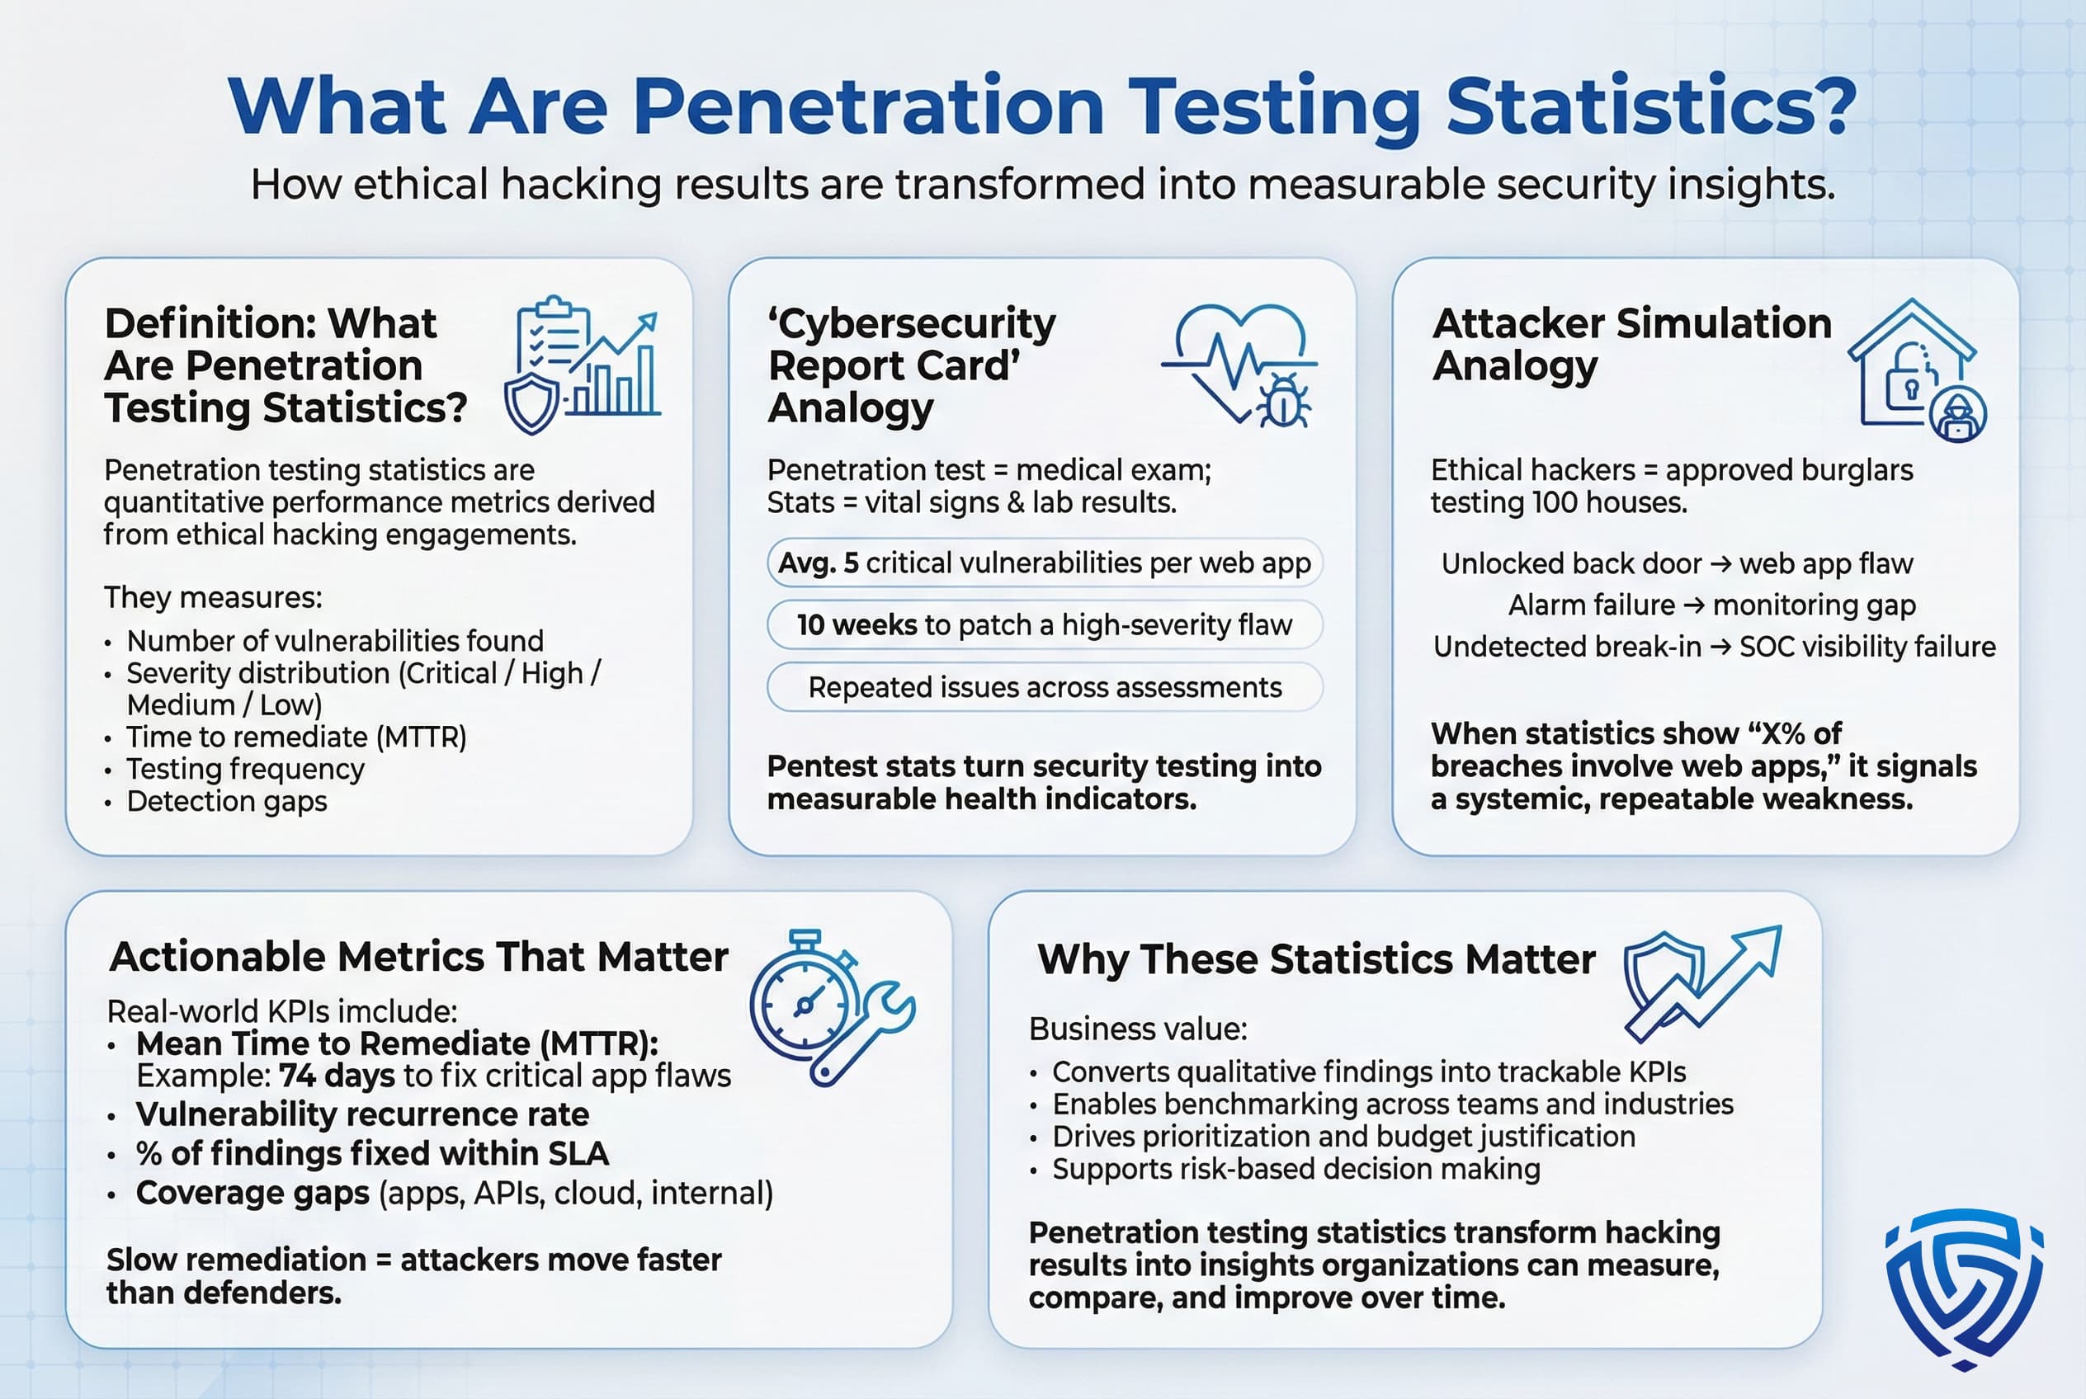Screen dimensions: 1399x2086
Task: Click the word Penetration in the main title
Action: point(867,107)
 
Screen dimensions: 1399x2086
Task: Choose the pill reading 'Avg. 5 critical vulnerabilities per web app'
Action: point(1044,563)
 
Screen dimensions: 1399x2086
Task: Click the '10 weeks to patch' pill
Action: point(1044,624)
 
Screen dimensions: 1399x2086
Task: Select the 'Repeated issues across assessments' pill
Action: point(1044,687)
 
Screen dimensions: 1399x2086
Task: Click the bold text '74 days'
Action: point(337,1076)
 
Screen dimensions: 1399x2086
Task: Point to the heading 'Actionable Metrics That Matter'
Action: point(418,957)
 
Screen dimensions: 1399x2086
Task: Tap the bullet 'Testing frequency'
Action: point(244,769)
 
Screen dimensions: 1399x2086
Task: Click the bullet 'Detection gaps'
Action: point(227,801)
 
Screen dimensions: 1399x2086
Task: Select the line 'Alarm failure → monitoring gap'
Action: point(1711,605)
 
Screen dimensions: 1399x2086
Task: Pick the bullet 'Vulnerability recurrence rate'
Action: point(361,1114)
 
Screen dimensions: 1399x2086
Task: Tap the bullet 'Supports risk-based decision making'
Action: point(1295,1169)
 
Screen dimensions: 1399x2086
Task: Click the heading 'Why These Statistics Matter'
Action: point(1315,959)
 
